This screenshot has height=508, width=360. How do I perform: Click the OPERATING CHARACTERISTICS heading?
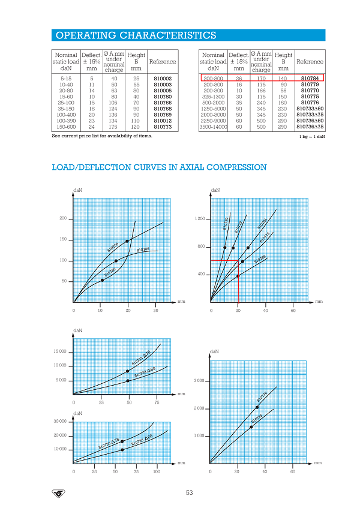(x=135, y=35)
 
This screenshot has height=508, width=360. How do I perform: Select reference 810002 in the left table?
(x=163, y=78)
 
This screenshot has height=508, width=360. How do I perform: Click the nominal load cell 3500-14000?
(x=213, y=127)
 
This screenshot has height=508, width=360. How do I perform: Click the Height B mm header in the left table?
(x=136, y=62)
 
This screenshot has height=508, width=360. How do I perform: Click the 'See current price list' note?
(x=102, y=136)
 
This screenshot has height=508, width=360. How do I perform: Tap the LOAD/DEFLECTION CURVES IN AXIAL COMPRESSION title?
(x=159, y=167)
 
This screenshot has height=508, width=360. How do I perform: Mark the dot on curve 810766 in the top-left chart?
(x=116, y=261)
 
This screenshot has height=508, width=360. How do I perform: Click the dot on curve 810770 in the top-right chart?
(x=224, y=248)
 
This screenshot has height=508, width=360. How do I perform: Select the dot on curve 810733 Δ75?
(x=128, y=371)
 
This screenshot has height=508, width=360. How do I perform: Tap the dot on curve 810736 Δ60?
(x=122, y=449)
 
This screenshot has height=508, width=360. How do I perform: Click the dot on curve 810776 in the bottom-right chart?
(x=257, y=407)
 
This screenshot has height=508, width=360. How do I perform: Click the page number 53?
(x=189, y=492)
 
